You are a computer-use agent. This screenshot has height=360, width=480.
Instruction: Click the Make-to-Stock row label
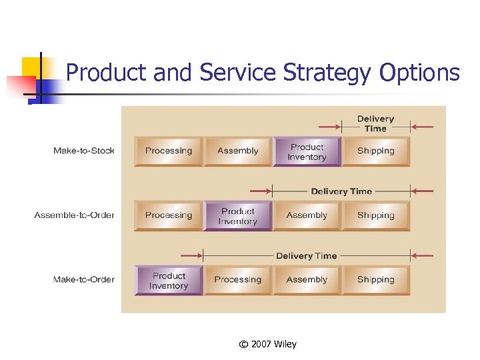[x=84, y=151]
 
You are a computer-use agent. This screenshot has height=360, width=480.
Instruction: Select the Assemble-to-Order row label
[x=75, y=215]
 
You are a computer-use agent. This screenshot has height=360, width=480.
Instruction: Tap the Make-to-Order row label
[x=84, y=279]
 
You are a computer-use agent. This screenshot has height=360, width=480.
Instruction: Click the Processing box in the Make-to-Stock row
[x=169, y=151]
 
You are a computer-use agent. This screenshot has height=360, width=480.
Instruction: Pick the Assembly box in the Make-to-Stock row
[x=238, y=151]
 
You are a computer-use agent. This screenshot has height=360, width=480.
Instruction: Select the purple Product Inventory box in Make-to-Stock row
[x=307, y=152]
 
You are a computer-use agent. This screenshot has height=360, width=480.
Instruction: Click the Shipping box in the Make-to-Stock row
[x=376, y=151]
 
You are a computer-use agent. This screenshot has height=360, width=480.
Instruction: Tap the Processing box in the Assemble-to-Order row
[x=169, y=215]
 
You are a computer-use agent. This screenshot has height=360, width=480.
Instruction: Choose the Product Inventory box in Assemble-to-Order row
[x=238, y=216]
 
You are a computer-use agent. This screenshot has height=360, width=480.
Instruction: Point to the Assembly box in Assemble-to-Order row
[x=307, y=215]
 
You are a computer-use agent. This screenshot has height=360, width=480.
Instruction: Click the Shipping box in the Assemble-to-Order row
[x=376, y=215]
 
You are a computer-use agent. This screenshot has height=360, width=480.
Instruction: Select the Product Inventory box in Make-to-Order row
[x=169, y=281]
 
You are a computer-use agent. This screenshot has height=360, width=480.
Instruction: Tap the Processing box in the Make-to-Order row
[x=238, y=280]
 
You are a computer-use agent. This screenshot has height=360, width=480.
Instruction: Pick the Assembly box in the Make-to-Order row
[x=307, y=280]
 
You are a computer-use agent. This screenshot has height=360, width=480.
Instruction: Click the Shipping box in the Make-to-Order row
[x=376, y=280]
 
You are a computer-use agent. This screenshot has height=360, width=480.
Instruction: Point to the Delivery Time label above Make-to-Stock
[x=376, y=123]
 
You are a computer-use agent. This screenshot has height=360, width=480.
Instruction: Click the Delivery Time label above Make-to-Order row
[x=307, y=256]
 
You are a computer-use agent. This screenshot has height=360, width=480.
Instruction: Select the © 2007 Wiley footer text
[x=267, y=344]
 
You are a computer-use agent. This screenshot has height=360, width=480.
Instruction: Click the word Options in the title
[x=420, y=73]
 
